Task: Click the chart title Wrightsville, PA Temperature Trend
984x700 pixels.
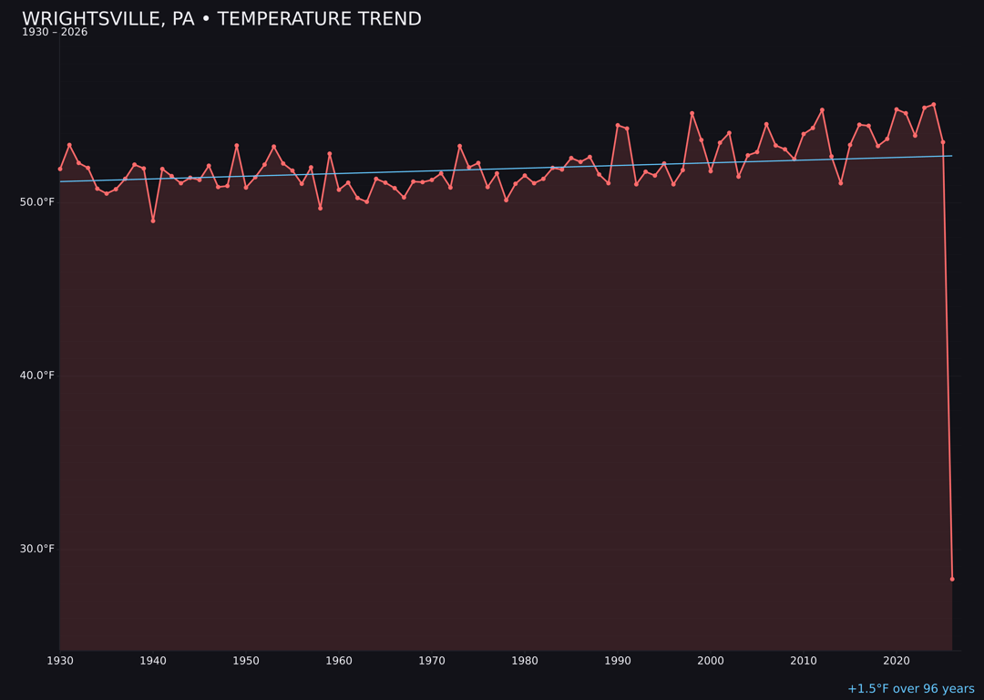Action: coord(221,19)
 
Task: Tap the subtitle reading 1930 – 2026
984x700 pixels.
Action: coord(55,33)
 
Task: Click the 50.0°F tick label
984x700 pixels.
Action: coord(37,202)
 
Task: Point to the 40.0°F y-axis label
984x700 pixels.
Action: coord(37,376)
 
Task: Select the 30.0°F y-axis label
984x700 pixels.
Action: coord(37,549)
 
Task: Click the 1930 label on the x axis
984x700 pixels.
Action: coord(60,661)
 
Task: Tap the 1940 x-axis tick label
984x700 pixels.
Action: coord(153,661)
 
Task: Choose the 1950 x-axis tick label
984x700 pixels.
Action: coord(246,661)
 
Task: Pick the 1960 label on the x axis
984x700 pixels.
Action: coord(339,661)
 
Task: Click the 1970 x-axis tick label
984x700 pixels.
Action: coord(432,661)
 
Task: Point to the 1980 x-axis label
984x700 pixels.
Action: coord(525,661)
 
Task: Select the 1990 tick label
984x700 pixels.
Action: coord(618,661)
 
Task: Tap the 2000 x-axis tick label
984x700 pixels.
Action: coord(711,661)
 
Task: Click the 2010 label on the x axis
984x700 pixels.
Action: coord(804,661)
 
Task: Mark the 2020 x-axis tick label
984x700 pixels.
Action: coord(897,661)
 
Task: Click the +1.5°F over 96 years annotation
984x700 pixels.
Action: coord(910,689)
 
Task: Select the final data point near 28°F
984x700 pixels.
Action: coord(952,579)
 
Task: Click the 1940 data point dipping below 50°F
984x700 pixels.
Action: coord(153,221)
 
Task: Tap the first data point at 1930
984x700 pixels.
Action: coord(60,169)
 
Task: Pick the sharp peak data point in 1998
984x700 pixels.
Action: coord(692,113)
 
